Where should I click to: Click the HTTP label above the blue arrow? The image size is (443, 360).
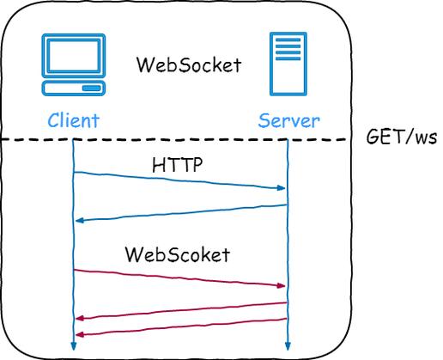click(178, 166)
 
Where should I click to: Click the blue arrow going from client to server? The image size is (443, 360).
click(179, 180)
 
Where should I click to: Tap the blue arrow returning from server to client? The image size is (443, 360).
click(179, 213)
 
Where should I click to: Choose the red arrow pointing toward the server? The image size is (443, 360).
click(179, 278)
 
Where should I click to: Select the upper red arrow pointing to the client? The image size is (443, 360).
click(179, 310)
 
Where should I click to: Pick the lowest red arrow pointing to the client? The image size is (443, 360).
click(179, 327)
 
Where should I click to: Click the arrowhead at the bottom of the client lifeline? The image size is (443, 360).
click(73, 347)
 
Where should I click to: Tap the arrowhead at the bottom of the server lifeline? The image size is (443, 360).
click(287, 347)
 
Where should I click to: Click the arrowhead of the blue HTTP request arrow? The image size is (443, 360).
click(281, 187)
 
